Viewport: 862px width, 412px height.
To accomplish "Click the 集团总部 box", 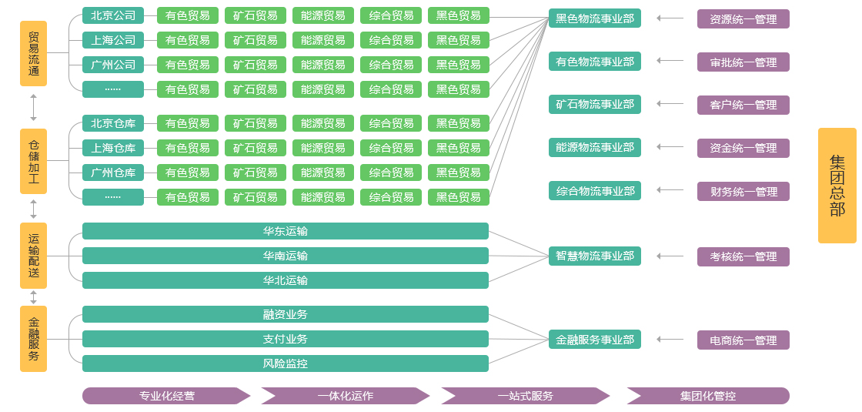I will pyautogui.click(x=837, y=186).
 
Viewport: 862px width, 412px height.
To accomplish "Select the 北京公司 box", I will pyautogui.click(x=113, y=15).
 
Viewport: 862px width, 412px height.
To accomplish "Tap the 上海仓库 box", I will pyautogui.click(x=113, y=148).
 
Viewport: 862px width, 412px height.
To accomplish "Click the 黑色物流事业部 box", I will pyautogui.click(x=595, y=18).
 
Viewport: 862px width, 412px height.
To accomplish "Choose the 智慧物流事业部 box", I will pyautogui.click(x=595, y=256).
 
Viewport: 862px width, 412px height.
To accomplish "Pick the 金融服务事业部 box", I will pyautogui.click(x=595, y=339).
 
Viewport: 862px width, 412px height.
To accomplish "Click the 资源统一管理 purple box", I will pyautogui.click(x=743, y=19).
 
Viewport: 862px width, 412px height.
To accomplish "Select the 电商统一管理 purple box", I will pyautogui.click(x=743, y=340).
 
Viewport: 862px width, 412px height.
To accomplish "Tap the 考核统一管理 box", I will pyautogui.click(x=743, y=256).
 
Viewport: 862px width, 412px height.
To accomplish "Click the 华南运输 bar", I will pyautogui.click(x=285, y=256).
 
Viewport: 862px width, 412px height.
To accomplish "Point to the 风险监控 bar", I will pyautogui.click(x=285, y=363).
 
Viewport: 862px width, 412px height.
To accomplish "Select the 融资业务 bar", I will pyautogui.click(x=285, y=314).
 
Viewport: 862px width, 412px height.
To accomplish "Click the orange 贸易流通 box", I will pyautogui.click(x=33, y=53).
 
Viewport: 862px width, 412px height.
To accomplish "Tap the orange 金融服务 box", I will pyautogui.click(x=33, y=339).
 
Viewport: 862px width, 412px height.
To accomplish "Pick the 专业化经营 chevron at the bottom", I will pyautogui.click(x=166, y=396).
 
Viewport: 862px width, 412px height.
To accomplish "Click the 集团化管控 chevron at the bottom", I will pyautogui.click(x=707, y=396).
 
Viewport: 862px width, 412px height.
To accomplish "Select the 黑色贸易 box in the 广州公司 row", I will pyautogui.click(x=458, y=65).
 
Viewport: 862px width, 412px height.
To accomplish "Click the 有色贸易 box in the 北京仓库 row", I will pyautogui.click(x=187, y=123).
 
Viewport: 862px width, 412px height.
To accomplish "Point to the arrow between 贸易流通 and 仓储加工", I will pyautogui.click(x=33, y=108).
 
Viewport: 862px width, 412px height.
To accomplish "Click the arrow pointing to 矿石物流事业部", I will pyautogui.click(x=670, y=103).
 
